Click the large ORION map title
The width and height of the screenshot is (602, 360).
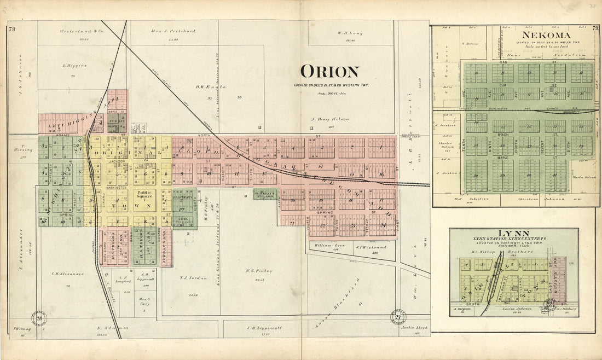tap(329, 72)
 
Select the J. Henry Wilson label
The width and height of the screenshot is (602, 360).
tap(330, 119)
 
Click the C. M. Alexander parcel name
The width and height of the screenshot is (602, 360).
tap(68, 274)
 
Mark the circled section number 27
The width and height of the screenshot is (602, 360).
tap(398, 317)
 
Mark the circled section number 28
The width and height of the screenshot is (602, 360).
tap(38, 318)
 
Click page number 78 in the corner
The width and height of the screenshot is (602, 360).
tap(12, 29)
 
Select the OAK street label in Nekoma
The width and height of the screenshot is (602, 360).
tap(503, 63)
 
